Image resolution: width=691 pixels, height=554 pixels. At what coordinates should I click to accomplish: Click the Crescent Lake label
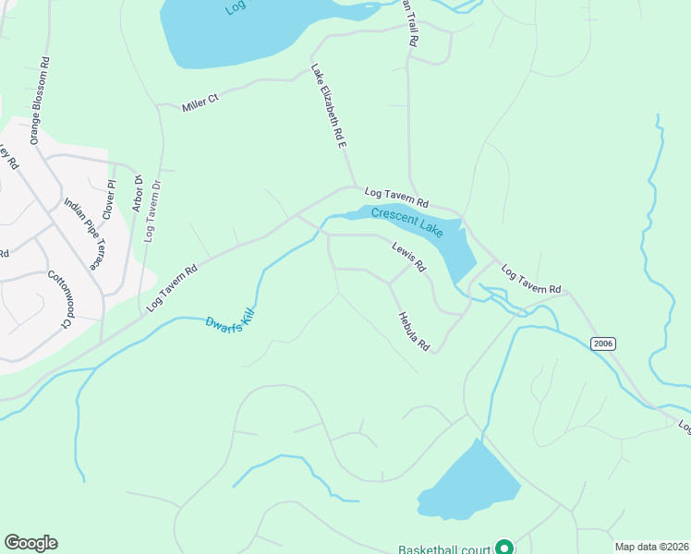407,221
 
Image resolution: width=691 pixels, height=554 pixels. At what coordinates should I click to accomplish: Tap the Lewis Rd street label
408,258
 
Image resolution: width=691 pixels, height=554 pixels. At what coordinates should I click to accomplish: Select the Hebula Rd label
414,331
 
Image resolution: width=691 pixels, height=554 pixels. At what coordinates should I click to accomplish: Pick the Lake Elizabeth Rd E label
328,106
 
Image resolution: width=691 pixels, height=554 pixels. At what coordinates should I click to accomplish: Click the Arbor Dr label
137,193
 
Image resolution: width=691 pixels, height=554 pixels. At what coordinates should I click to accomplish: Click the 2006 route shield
602,343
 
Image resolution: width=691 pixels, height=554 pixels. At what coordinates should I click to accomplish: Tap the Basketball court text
444,549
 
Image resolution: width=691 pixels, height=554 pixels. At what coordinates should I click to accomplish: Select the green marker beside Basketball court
504,548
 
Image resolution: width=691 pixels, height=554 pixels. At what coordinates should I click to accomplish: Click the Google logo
30,543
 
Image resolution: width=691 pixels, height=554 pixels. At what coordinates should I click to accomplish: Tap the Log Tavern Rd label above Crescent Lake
396,197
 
